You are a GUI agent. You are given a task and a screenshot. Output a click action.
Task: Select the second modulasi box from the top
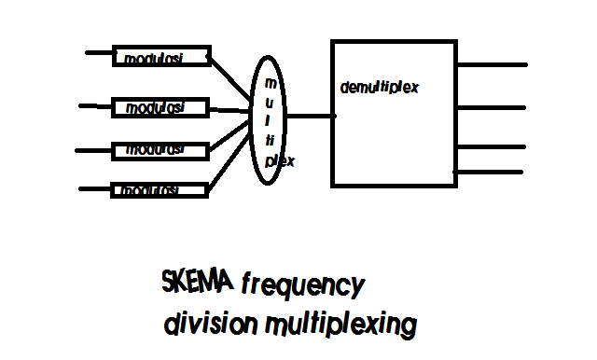[160, 107]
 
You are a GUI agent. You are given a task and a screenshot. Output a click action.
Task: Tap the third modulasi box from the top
[160, 149]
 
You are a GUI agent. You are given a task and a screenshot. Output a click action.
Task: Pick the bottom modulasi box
[159, 189]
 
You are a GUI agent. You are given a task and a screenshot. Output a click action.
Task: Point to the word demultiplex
[379, 88]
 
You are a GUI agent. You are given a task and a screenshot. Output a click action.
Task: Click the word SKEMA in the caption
[198, 282]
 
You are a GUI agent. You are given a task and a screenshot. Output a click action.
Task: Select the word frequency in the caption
[300, 284]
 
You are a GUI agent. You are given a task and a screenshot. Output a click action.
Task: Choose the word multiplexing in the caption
[339, 326]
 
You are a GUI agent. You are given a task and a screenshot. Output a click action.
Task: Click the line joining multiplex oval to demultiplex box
[311, 117]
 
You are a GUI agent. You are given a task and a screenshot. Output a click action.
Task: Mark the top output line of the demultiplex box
[492, 65]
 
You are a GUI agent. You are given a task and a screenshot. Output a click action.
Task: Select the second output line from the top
[492, 107]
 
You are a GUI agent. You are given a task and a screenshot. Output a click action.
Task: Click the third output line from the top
[492, 146]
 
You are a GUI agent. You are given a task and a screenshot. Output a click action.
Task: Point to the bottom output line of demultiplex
[492, 171]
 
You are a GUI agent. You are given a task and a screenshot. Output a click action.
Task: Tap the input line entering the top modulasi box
[98, 52]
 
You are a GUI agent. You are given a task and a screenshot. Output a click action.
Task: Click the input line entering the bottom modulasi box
[95, 189]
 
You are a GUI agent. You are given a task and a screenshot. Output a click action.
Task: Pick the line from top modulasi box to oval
[230, 76]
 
